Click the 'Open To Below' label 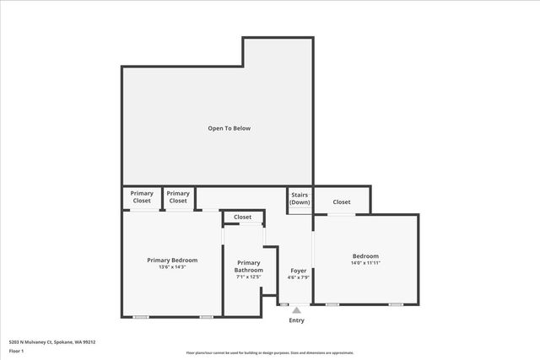[229, 128]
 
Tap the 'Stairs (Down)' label [300, 198]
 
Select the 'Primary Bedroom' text [172, 260]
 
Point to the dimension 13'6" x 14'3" [172, 267]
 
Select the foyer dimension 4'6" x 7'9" [299, 277]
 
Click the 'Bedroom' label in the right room [365, 256]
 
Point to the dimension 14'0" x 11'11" [365, 263]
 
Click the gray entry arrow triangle [296, 310]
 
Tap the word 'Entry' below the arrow [296, 320]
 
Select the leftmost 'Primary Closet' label [142, 197]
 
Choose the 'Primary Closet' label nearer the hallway [178, 197]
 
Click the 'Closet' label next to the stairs [342, 202]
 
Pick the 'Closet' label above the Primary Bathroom [243, 218]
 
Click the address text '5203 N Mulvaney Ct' [34, 341]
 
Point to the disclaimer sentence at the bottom [269, 353]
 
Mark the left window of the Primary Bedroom [141, 317]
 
